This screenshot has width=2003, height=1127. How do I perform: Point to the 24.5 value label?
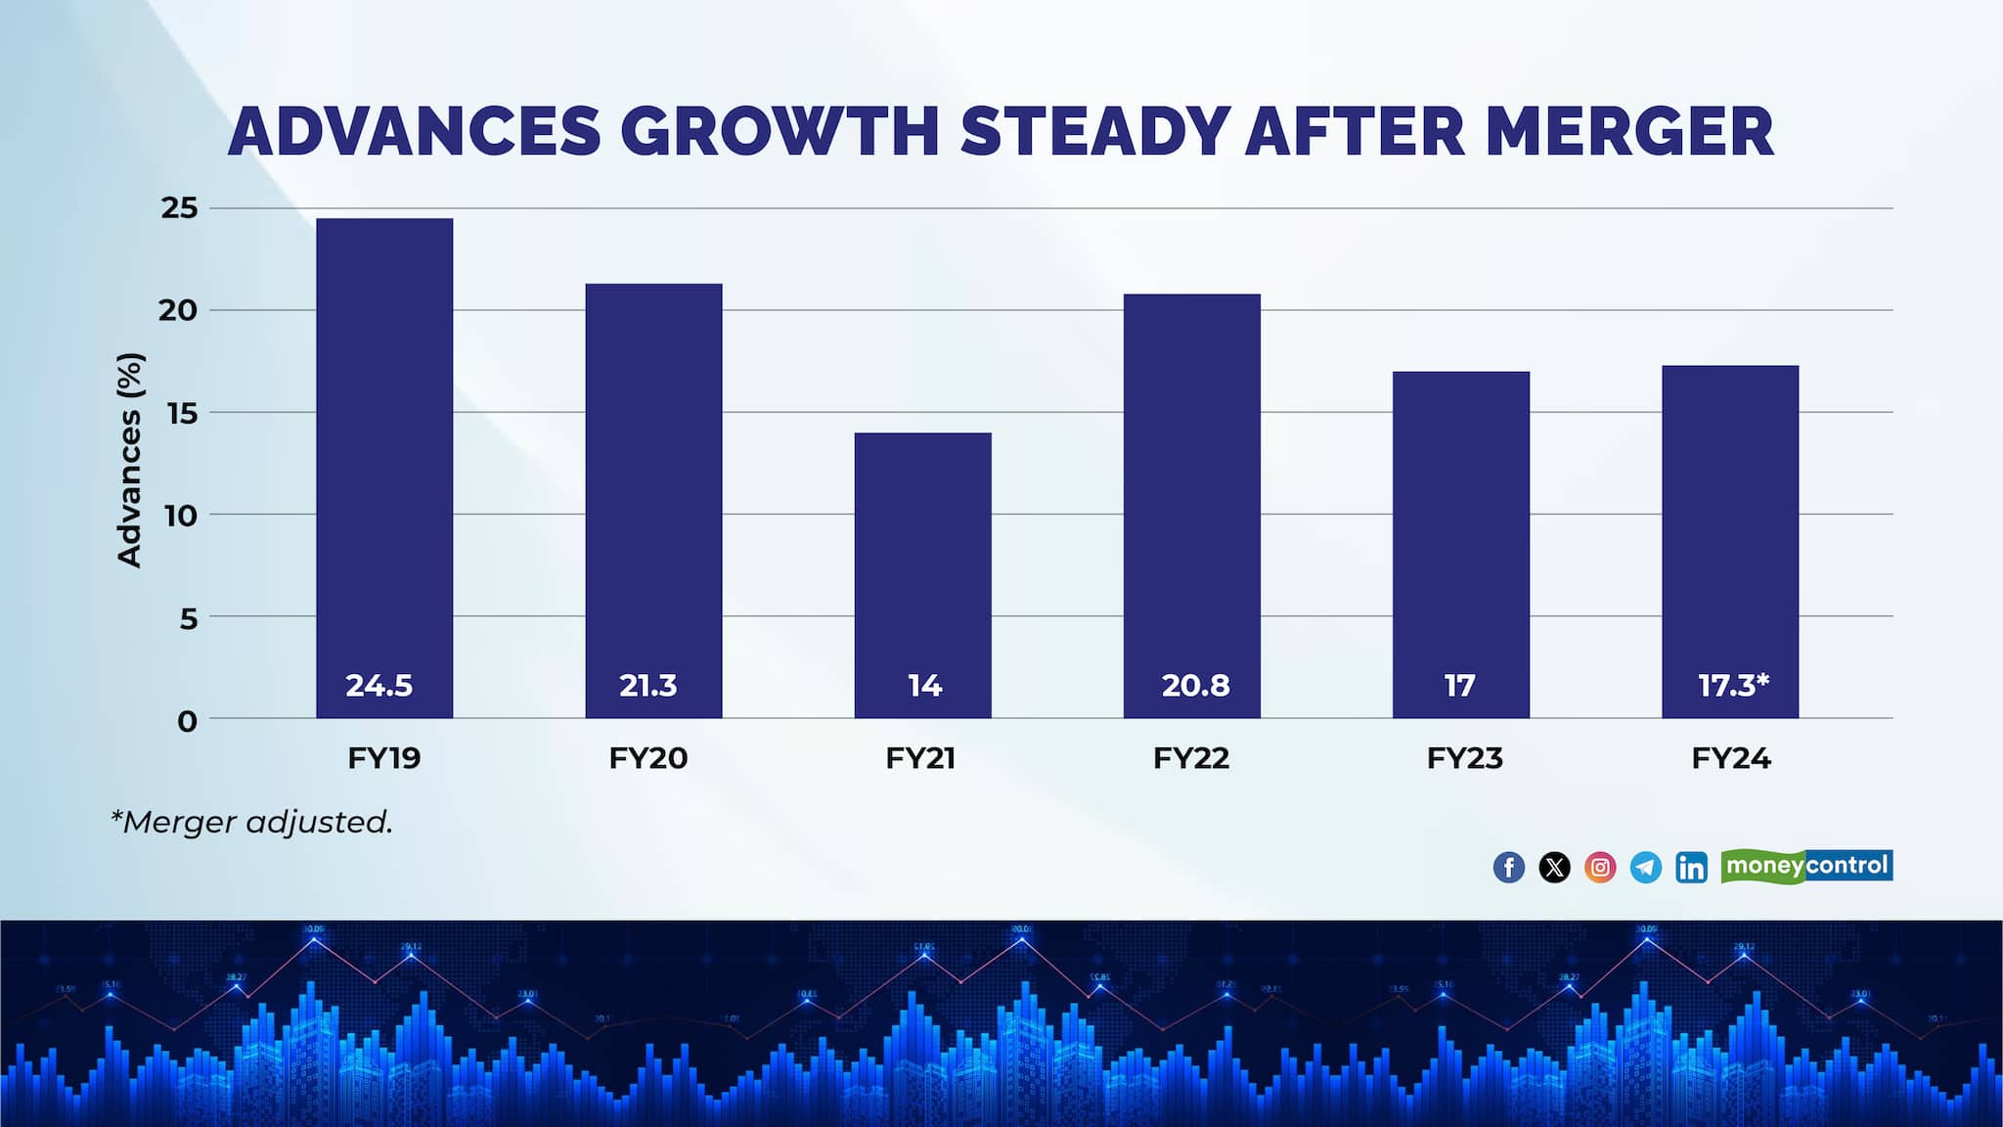379,686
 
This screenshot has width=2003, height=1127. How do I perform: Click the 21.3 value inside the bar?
647,686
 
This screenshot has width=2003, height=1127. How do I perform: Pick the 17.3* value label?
1733,686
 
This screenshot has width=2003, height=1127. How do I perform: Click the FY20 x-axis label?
647,758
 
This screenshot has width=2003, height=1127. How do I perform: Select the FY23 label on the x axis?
1464,758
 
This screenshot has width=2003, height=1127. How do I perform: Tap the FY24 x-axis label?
1731,758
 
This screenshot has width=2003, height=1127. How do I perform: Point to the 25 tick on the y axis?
179,208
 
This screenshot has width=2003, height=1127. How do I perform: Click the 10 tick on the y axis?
180,516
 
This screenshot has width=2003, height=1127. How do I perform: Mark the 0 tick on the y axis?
187,722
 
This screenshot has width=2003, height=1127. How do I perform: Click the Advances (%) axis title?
130,460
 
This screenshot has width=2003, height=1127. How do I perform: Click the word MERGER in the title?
1628,131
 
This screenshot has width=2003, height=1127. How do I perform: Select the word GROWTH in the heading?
779,131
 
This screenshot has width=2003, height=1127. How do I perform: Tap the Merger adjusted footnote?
252,822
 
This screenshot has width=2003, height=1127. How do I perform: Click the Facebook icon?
1509,867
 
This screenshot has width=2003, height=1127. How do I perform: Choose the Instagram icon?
1600,867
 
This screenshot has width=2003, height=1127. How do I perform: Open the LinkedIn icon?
1691,867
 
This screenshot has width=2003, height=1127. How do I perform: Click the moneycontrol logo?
1806,866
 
